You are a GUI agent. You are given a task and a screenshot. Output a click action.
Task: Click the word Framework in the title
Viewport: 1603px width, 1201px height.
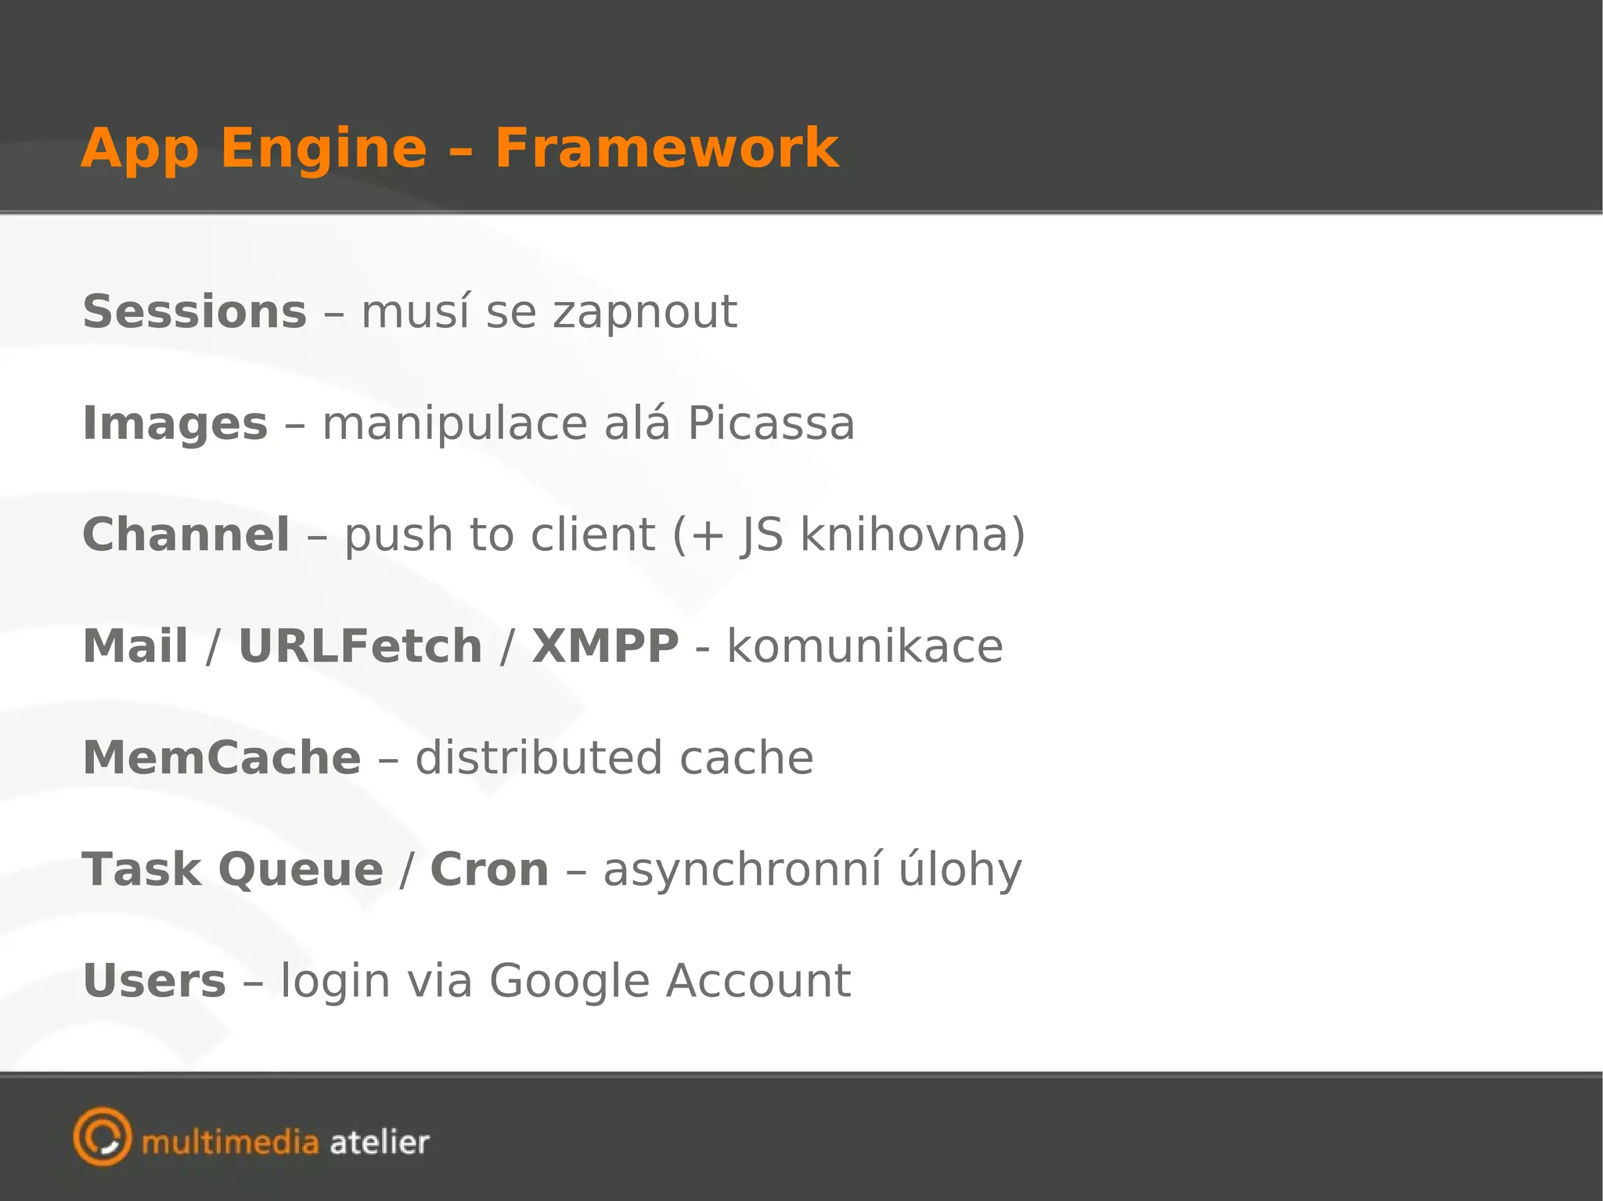(666, 148)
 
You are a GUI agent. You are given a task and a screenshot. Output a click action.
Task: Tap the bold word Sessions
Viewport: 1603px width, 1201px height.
(195, 312)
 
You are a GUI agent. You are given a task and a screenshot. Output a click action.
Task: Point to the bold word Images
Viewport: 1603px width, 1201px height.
(175, 425)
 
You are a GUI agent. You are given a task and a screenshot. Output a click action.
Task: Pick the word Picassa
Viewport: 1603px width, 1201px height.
(770, 423)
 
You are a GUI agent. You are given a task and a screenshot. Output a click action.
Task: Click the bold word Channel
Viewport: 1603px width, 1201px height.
(186, 535)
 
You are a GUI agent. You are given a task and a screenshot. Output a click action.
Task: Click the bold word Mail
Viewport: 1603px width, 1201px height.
(135, 646)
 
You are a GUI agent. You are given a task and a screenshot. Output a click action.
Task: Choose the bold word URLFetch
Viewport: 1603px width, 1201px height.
(360, 646)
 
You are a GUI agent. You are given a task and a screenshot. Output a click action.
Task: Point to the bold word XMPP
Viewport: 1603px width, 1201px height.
(605, 646)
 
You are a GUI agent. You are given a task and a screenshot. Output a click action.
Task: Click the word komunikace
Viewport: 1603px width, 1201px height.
(865, 646)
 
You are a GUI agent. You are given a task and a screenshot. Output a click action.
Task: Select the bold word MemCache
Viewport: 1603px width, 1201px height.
(222, 758)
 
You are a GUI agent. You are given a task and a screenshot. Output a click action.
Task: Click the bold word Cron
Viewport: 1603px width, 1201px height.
(489, 870)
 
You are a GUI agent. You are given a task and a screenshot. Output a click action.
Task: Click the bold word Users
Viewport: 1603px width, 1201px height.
(154, 981)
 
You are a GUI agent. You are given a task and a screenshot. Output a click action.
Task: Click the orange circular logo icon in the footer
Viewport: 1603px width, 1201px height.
(103, 1137)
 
